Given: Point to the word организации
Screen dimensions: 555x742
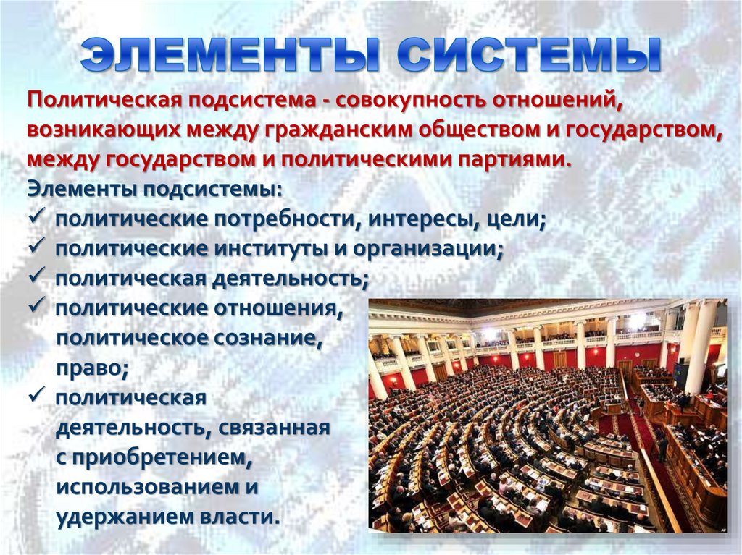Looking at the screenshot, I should point(430,248).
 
